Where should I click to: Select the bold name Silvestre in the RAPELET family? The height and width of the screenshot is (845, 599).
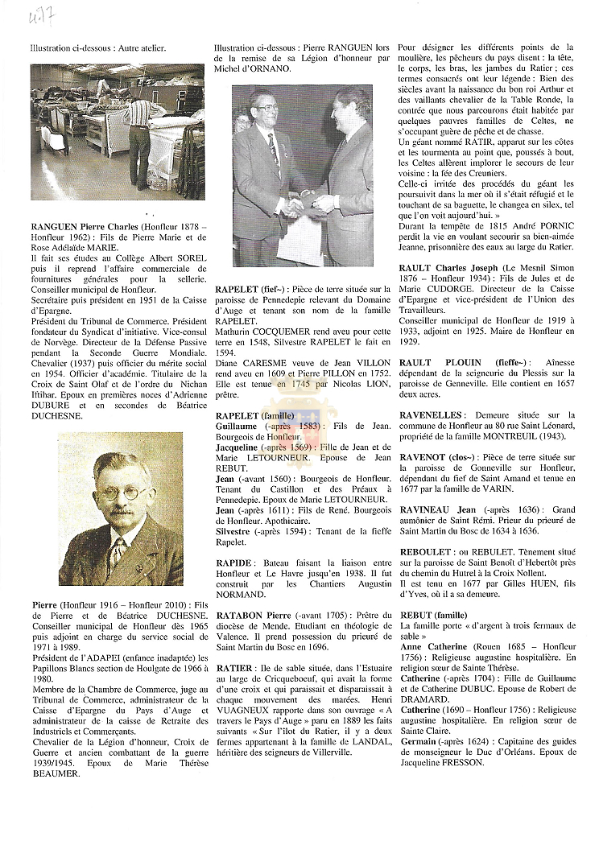[x=236, y=531]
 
